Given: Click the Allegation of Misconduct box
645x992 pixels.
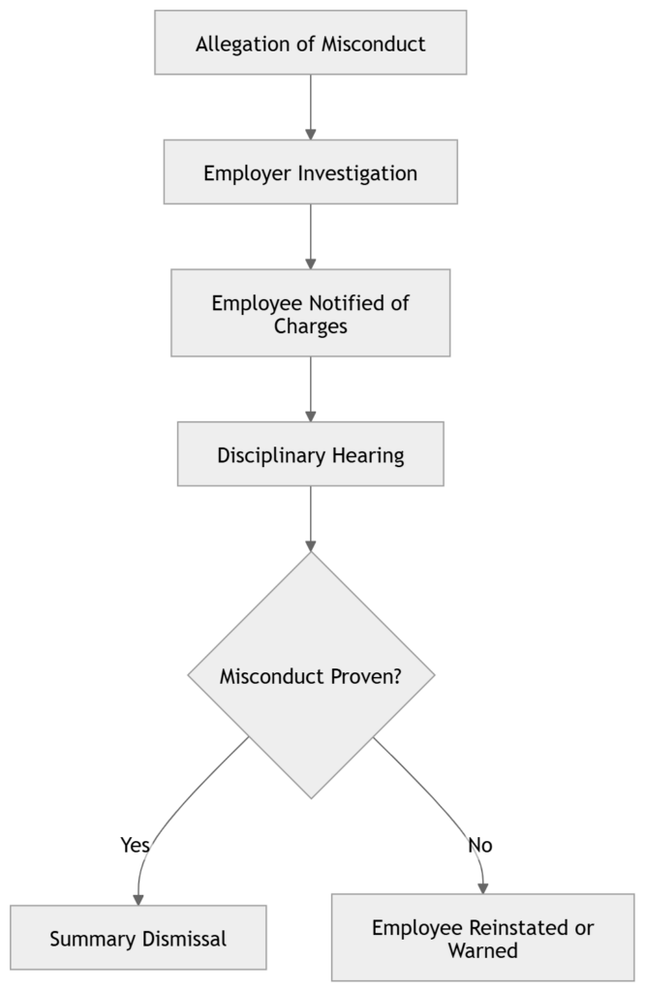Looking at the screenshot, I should pos(310,43).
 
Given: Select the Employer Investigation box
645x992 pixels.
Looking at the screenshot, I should pos(310,172).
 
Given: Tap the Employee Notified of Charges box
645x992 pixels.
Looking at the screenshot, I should pos(310,313).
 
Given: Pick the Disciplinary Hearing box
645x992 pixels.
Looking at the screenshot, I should pos(310,453).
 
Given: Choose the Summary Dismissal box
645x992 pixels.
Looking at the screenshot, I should pos(138,938).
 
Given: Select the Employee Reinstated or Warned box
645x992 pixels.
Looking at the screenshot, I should pos(482,938).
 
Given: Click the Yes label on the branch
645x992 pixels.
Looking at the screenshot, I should pos(135,845).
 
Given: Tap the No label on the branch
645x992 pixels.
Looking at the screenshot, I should pos(479,845).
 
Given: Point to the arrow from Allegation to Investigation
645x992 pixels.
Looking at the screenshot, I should pos(310,107).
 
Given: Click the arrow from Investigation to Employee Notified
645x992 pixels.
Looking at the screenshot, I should pos(310,235).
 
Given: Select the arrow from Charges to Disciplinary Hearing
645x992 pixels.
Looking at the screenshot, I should pos(310,387).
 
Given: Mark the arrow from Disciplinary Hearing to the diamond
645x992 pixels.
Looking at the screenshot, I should pos(310,518).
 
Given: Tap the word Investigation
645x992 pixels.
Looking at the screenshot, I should pos(357,173).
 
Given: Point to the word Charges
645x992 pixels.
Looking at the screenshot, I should pos(310,325).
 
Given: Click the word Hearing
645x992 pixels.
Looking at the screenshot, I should pos(369,454).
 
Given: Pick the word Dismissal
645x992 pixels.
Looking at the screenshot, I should pos(184,939).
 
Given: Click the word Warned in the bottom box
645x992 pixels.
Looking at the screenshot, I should pos(482,950).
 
